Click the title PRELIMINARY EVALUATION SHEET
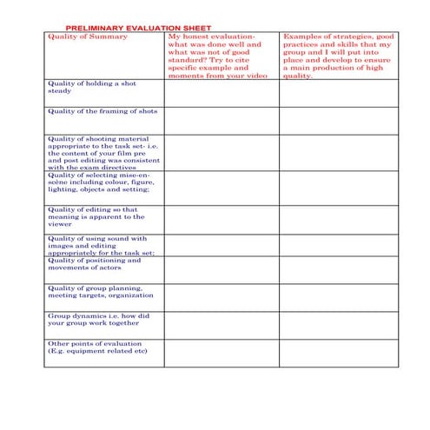138,28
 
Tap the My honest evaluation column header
220,56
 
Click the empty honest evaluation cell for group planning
221,297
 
